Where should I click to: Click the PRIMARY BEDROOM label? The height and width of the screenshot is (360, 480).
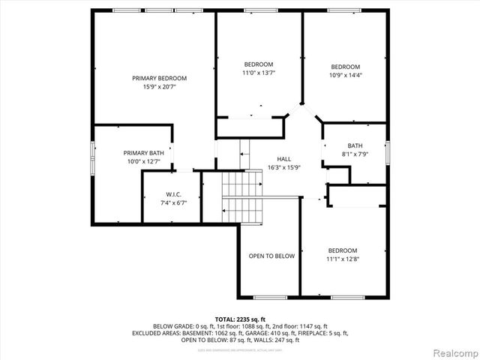point(159,78)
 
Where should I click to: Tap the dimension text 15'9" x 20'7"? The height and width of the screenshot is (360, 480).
point(159,87)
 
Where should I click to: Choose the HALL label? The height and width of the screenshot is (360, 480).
point(284,159)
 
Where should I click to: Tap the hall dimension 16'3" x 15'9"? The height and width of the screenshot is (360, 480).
point(284,167)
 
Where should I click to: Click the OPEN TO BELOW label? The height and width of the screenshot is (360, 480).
point(271,256)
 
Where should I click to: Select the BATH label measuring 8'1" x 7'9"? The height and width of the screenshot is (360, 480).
point(355,145)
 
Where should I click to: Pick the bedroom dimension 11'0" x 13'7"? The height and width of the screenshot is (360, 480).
point(259,73)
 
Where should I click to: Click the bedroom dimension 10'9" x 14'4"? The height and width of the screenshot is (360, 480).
point(346,75)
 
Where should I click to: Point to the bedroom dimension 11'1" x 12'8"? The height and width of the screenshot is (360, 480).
point(342,259)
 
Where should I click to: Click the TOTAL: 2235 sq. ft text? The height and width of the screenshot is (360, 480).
point(240,319)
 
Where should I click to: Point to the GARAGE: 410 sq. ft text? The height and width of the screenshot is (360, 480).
point(284,333)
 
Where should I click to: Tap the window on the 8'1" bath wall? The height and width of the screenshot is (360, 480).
point(388,151)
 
